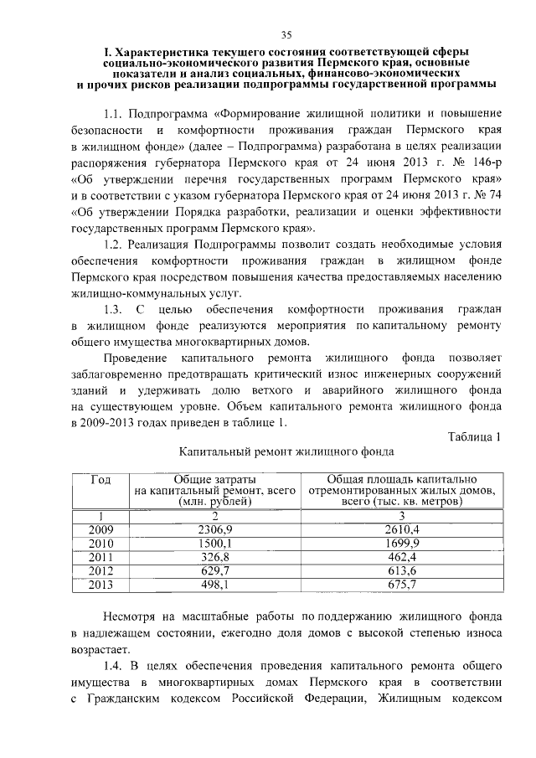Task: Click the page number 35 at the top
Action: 286,34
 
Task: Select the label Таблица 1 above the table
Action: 475,436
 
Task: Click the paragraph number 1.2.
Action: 114,244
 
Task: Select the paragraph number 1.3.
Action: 114,310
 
